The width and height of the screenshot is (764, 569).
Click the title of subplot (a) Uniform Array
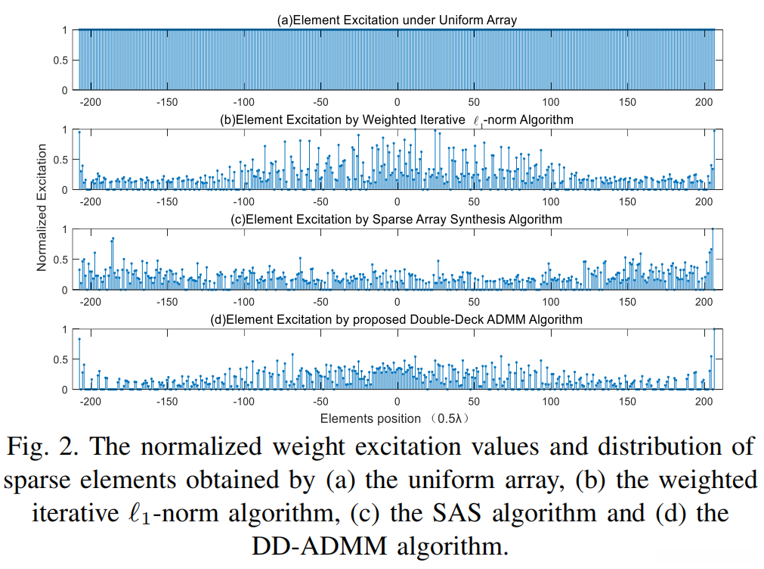(397, 20)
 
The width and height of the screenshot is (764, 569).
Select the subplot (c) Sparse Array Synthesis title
(397, 219)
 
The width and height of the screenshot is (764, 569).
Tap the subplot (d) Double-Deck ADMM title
(397, 319)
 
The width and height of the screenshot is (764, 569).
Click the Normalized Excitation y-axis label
(42, 208)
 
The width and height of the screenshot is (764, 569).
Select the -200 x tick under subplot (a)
(91, 102)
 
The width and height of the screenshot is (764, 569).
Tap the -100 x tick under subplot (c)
(243, 302)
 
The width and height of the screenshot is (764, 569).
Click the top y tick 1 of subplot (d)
(66, 329)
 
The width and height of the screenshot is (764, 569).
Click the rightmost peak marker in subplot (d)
(715, 329)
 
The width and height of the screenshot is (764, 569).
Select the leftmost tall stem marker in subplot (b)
(79, 132)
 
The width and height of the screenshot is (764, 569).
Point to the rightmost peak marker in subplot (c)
(713, 229)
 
